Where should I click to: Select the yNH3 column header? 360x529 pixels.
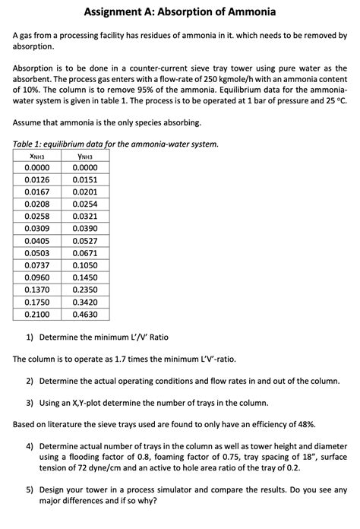coord(84,156)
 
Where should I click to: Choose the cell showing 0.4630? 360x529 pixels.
coord(84,314)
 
